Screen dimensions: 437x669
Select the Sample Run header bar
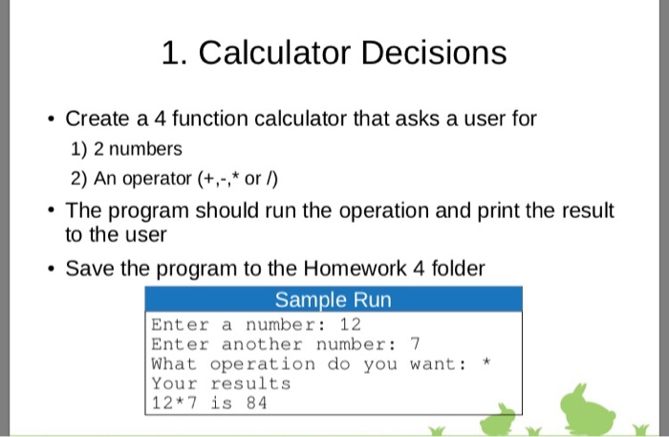[x=333, y=299]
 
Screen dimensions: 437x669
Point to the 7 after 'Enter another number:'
[x=414, y=344]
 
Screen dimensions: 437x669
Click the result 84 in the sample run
[x=255, y=403]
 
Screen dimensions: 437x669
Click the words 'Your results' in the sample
[x=221, y=383]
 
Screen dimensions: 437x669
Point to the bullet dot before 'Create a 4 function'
[x=49, y=120]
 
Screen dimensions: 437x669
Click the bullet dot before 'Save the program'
[x=49, y=271]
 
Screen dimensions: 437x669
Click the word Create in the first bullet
[x=96, y=120]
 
